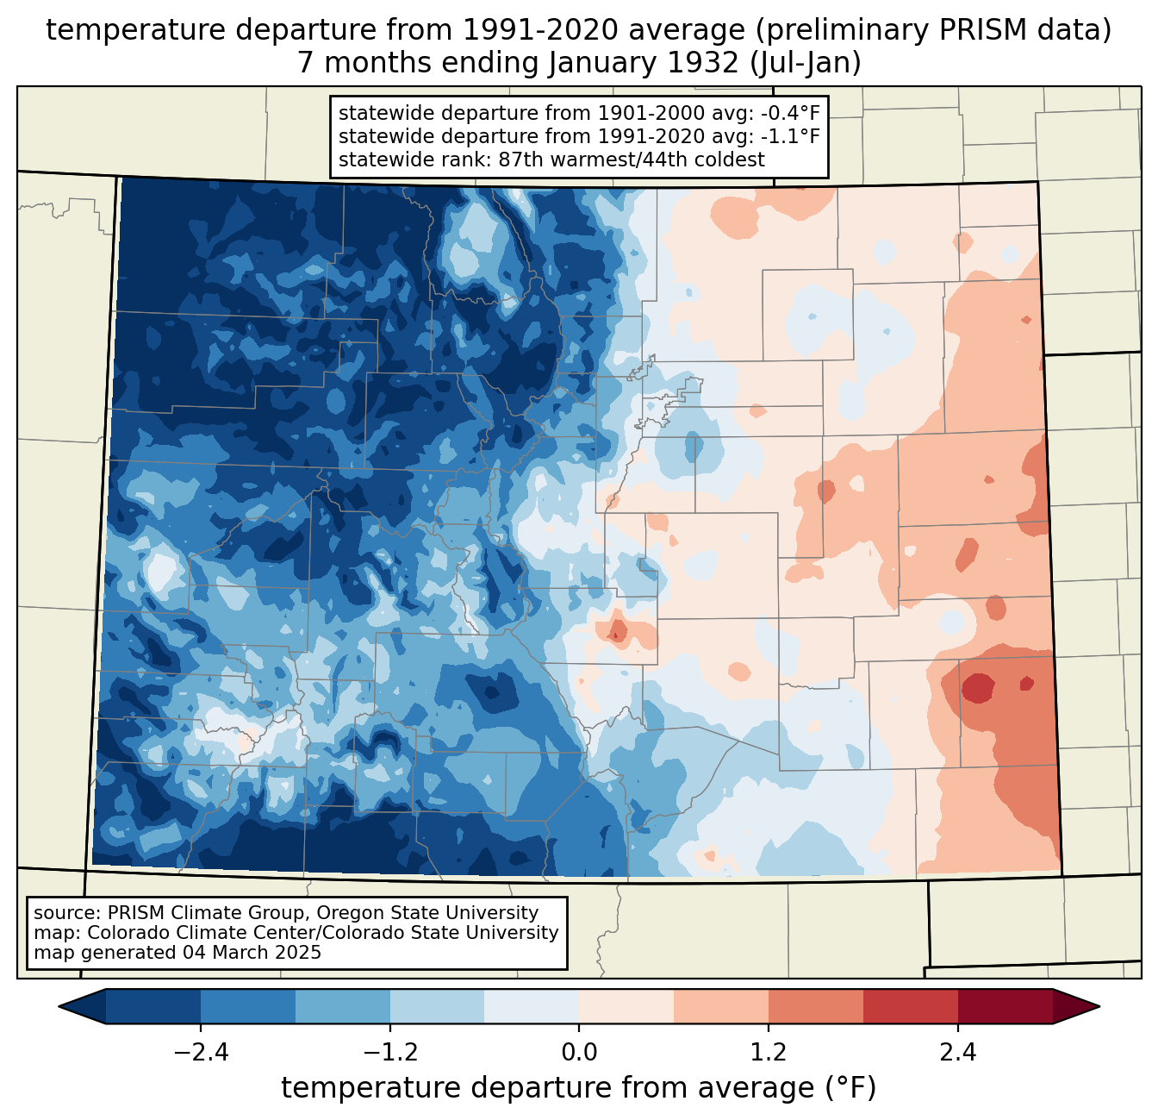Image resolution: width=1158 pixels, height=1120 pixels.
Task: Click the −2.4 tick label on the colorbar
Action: coord(201,1053)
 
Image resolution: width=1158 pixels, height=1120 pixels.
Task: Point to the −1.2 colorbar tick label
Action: coord(390,1053)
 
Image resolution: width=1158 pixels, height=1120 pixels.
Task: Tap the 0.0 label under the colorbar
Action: coord(579,1053)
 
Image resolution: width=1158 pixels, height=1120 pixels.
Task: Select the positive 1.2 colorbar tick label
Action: coord(769,1053)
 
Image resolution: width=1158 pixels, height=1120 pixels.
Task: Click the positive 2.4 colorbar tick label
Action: coord(957,1053)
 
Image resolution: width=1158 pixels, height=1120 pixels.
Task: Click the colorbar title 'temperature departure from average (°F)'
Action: coord(579,1088)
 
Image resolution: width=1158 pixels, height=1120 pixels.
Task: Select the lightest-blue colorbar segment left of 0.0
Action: coord(532,1006)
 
